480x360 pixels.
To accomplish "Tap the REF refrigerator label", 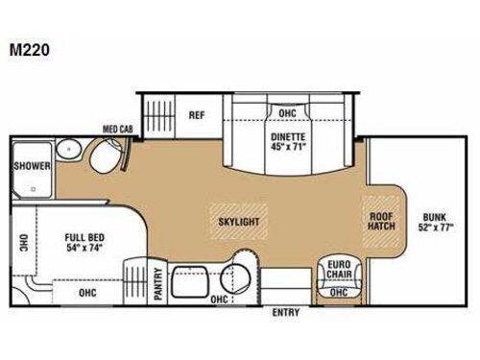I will point(196,116).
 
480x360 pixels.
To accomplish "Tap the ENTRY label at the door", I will point(286,312).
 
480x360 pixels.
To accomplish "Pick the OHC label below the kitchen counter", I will point(220,299).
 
